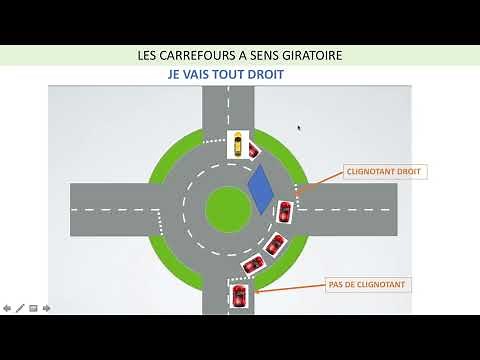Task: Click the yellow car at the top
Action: (x=237, y=145)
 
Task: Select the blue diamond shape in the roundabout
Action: (x=261, y=189)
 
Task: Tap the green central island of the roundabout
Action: (x=228, y=207)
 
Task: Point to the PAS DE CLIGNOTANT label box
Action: (x=368, y=285)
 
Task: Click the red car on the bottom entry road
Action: (x=239, y=296)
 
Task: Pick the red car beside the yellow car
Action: (x=254, y=151)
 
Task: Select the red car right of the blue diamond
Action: (x=284, y=212)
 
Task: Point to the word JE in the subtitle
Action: (x=175, y=75)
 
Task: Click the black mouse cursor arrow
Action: (x=299, y=127)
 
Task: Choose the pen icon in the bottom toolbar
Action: (x=20, y=308)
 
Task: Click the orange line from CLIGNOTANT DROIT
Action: (x=316, y=183)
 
